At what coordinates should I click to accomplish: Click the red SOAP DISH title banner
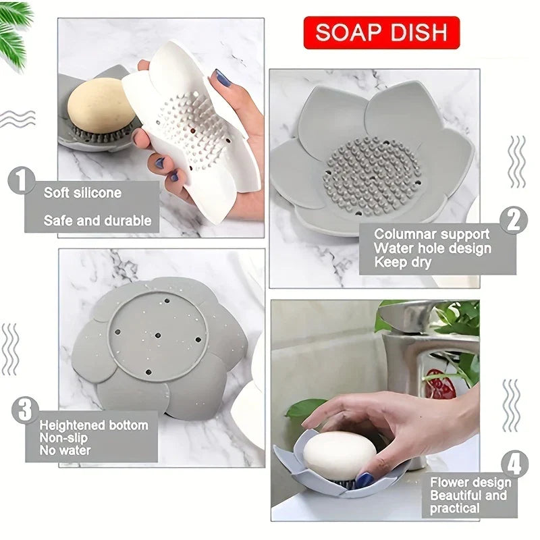tap(381, 32)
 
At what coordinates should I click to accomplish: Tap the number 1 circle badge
tap(22, 180)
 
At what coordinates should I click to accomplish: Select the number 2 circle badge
tap(514, 221)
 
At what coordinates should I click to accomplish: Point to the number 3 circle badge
tap(25, 410)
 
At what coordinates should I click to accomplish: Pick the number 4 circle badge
tap(514, 464)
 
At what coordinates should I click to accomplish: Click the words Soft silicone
tap(82, 192)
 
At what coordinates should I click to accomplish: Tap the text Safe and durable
tap(97, 221)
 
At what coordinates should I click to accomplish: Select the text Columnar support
tap(432, 234)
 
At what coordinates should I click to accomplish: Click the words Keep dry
tap(402, 263)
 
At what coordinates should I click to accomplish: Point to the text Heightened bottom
tap(94, 425)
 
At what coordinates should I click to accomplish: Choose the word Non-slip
tap(63, 438)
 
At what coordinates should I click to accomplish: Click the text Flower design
tap(470, 482)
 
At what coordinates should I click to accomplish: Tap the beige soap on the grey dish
tap(101, 106)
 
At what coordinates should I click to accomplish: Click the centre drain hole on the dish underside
tap(158, 335)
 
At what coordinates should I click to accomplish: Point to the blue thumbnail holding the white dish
tap(221, 78)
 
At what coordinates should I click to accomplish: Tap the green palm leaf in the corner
tap(14, 32)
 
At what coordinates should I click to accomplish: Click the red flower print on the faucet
tap(439, 384)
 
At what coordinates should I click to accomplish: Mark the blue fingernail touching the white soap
tap(364, 480)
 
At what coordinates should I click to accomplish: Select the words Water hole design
tap(433, 248)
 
